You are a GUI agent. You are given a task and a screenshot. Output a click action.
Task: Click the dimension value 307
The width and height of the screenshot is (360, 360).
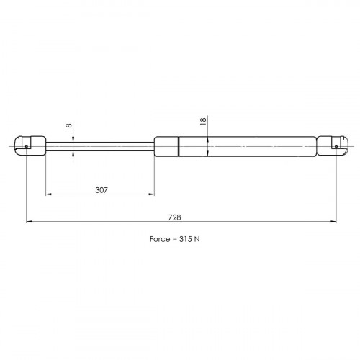click(x=102, y=190)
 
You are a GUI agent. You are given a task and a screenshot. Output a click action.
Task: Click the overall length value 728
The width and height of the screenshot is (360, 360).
click(x=174, y=217)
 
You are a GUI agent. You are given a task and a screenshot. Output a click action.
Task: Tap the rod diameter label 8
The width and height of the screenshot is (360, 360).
click(x=69, y=125)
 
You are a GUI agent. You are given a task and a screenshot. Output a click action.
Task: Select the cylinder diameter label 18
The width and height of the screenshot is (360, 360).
click(x=203, y=122)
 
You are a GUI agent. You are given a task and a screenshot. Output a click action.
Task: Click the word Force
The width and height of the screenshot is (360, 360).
click(x=161, y=239)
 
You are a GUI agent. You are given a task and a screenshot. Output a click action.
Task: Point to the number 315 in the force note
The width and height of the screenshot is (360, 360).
click(x=185, y=239)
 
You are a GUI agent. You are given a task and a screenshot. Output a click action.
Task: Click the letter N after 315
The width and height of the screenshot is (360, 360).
click(x=197, y=239)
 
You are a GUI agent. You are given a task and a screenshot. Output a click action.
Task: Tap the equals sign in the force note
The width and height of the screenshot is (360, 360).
click(x=175, y=239)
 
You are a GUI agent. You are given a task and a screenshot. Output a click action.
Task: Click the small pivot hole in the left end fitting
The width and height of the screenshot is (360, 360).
click(x=27, y=146)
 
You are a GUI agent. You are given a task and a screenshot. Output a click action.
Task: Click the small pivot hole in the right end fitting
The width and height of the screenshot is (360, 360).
click(x=336, y=146)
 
